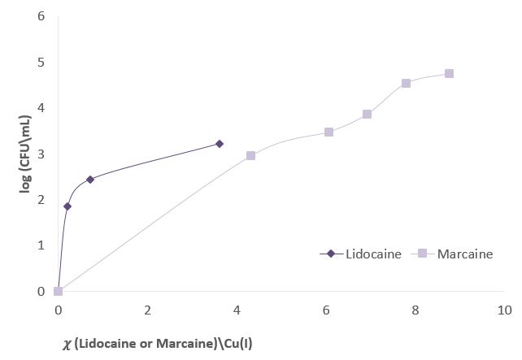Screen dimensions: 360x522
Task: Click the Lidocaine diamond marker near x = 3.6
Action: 219,144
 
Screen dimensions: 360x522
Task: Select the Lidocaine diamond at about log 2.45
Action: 90,179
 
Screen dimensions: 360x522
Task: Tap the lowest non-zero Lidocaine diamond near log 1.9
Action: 67,206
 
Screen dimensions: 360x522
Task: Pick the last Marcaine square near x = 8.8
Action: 449,73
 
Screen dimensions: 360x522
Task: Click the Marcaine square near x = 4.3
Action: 250,155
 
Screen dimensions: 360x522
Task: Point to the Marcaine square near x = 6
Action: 328,132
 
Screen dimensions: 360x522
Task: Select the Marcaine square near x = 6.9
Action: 367,114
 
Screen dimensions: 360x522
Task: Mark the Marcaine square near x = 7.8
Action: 406,83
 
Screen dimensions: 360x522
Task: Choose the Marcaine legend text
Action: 464,254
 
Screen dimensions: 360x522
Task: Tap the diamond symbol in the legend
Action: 331,254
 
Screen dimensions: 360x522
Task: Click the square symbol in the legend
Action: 424,254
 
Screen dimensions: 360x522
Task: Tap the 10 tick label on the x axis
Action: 504,310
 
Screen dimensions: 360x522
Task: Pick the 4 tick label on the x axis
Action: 237,310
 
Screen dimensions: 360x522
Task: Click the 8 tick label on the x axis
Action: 415,310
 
